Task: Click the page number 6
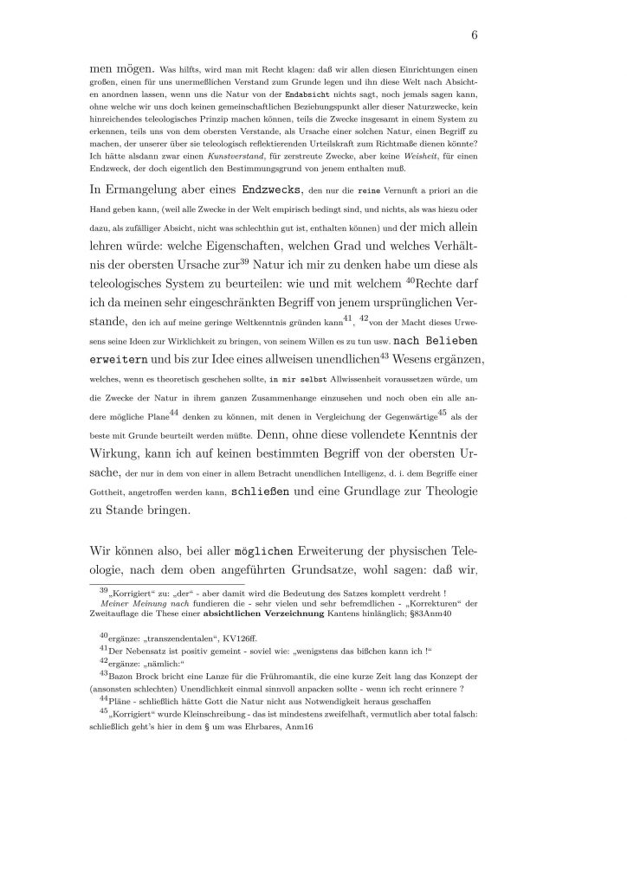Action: (x=475, y=35)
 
